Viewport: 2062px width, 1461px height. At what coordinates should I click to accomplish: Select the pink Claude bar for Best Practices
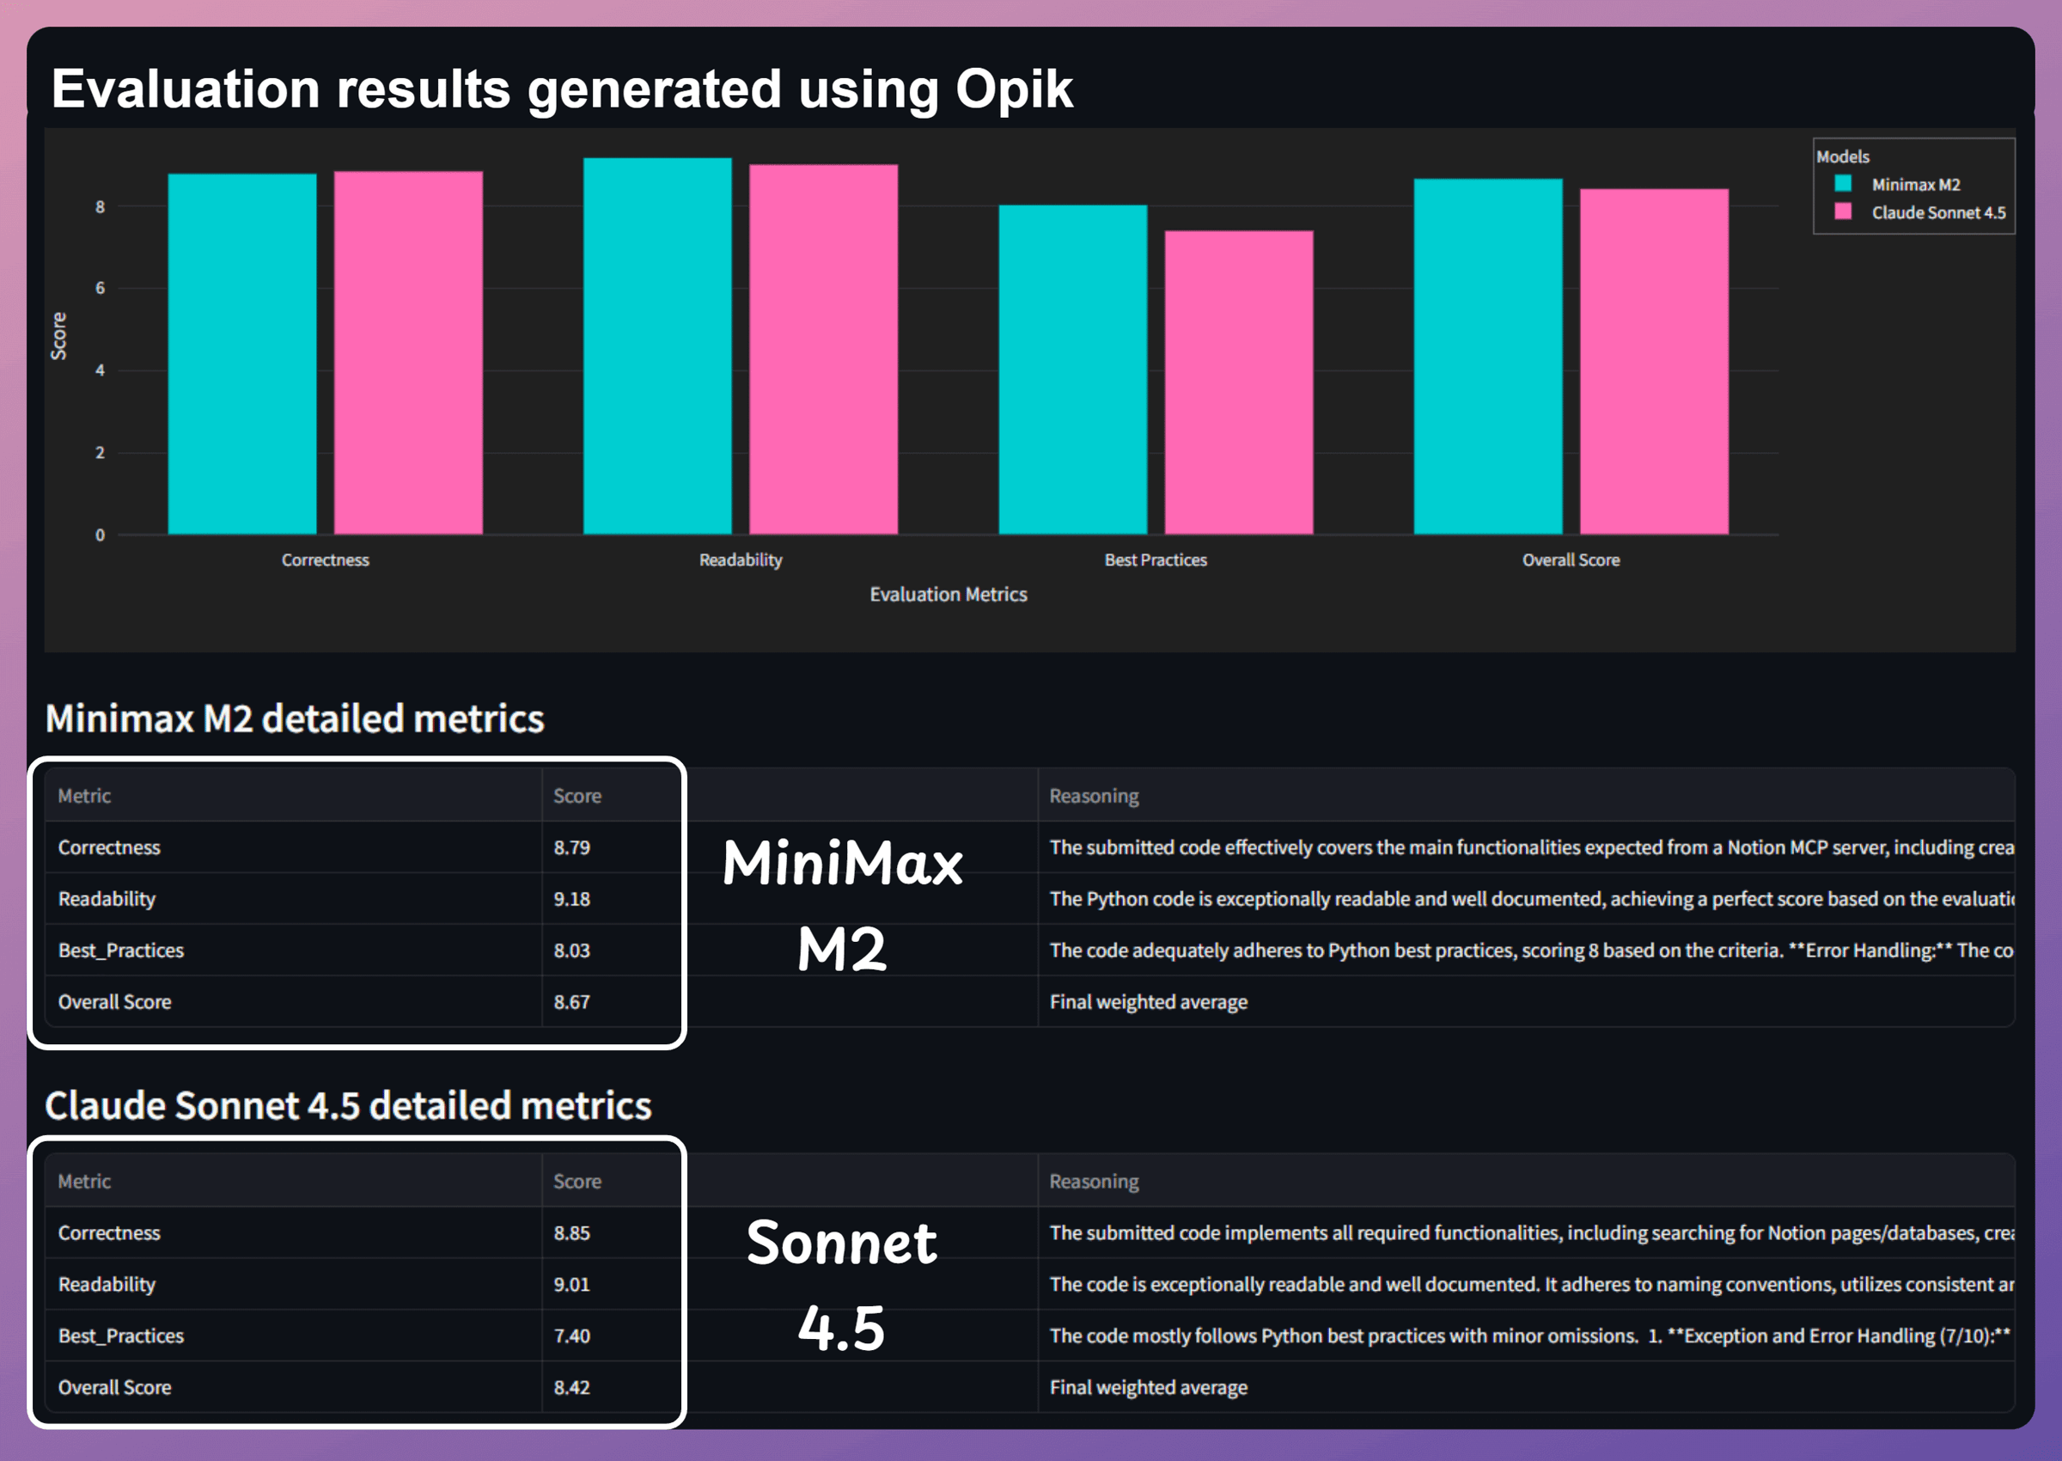coord(1238,382)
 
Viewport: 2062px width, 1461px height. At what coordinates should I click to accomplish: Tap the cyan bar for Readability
coord(657,346)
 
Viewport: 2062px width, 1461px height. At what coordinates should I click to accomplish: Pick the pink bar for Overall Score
coord(1654,361)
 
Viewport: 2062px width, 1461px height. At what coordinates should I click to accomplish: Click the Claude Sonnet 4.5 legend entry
coord(1937,213)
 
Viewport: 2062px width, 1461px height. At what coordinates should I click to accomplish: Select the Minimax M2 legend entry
coord(1914,185)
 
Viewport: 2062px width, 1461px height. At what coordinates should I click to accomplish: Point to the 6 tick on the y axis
coord(100,288)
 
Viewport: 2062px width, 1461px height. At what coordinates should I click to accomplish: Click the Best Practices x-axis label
coord(1155,559)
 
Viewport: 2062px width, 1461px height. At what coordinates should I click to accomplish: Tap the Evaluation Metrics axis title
coord(948,595)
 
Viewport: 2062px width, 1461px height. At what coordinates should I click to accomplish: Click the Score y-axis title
coord(58,337)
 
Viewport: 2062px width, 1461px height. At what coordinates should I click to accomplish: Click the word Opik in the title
coord(1014,89)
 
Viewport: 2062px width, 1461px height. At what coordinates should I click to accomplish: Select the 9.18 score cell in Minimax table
coord(572,899)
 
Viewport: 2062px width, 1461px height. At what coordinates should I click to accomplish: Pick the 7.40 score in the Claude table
coord(572,1336)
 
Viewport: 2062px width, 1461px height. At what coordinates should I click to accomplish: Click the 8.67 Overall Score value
coord(572,1002)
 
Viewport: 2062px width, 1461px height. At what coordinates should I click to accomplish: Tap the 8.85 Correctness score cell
coord(572,1233)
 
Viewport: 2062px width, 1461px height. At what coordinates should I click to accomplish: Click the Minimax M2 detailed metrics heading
coord(294,718)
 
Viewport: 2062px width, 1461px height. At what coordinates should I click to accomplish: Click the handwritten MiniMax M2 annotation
coord(842,904)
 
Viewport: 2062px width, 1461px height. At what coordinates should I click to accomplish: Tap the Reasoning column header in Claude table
coord(1094,1181)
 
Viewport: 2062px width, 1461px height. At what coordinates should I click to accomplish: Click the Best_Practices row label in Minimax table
coord(120,951)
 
